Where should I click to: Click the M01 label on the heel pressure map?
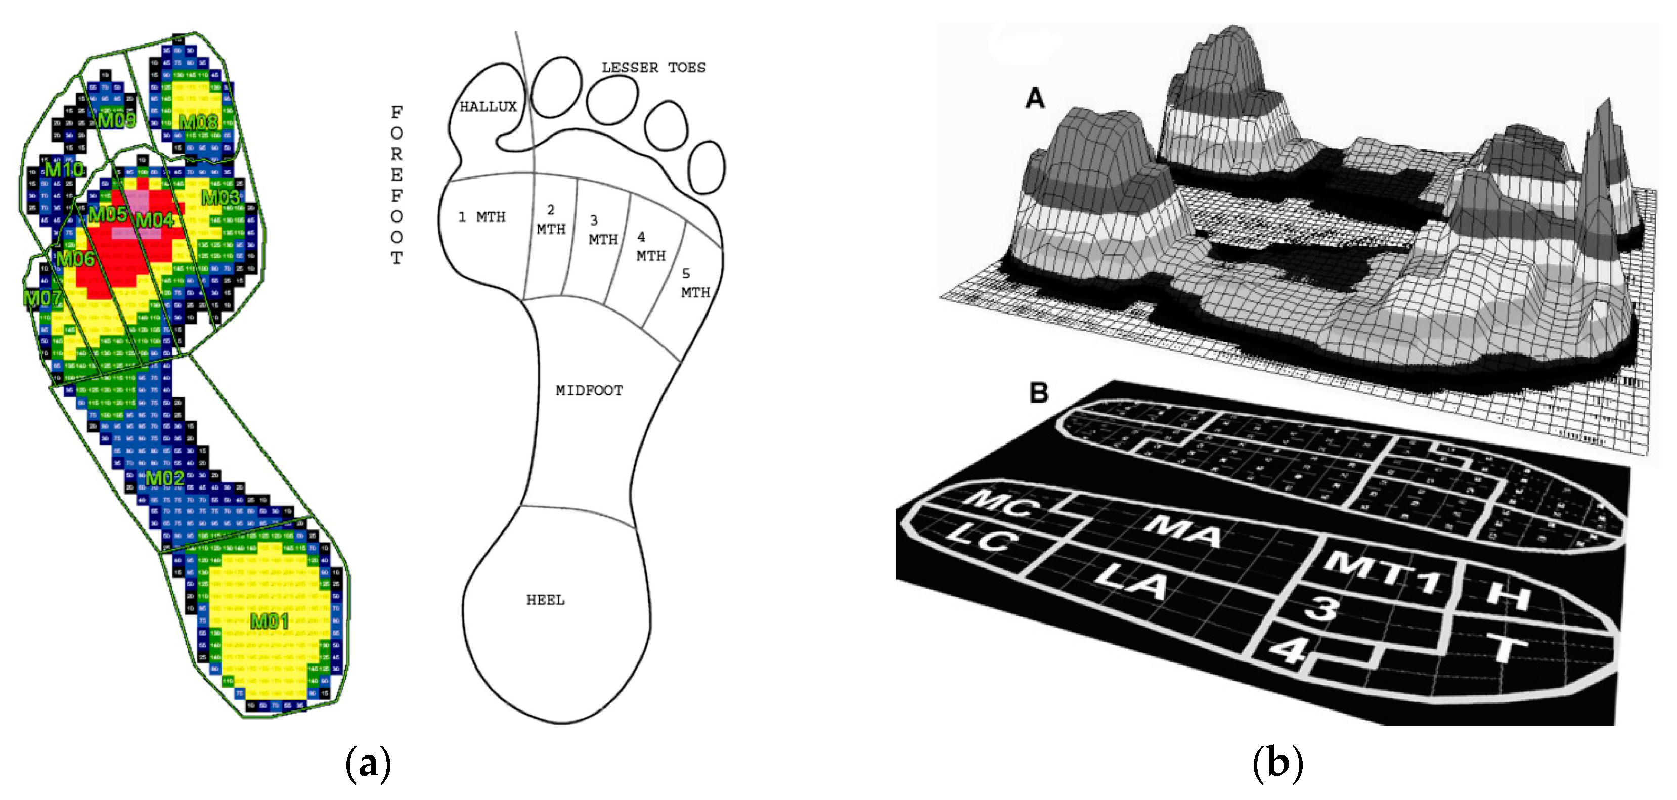[x=270, y=621]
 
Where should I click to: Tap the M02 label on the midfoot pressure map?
[x=165, y=478]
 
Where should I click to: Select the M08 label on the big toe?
[x=199, y=122]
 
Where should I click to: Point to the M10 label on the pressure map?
[x=64, y=169]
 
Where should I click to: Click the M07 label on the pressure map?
[x=43, y=298]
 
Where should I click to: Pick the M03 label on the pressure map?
[x=220, y=197]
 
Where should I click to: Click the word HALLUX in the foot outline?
[x=488, y=107]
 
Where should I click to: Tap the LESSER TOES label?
[x=653, y=68]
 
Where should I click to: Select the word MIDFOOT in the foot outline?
[x=589, y=390]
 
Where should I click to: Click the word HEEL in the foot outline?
[x=546, y=600]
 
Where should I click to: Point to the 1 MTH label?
[x=482, y=217]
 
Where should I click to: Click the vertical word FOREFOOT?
[x=396, y=186]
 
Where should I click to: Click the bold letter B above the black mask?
[x=1039, y=392]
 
